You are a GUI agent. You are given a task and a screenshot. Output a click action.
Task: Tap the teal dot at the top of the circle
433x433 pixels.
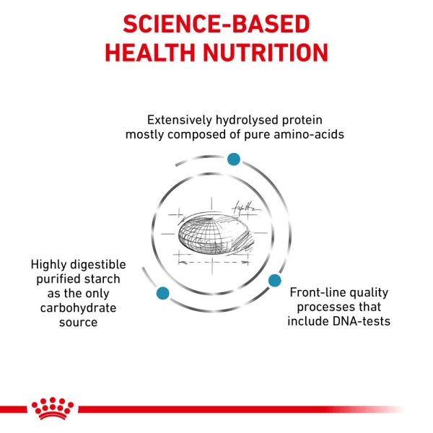(233, 159)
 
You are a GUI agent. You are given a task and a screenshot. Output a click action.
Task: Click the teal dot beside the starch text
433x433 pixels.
(162, 293)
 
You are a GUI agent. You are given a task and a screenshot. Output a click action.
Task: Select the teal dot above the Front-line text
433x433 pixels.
(274, 279)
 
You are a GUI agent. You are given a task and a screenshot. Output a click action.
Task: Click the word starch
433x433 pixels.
(101, 279)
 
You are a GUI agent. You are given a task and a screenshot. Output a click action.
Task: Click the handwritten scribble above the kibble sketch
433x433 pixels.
(243, 208)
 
